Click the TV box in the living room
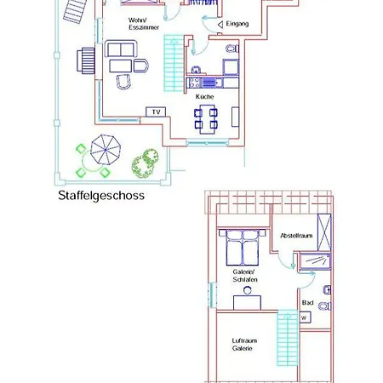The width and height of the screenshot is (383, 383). click(x=155, y=111)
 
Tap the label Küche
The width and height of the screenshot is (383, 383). click(x=204, y=97)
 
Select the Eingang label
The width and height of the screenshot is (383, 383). click(x=237, y=25)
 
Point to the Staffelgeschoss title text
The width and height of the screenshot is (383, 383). click(x=101, y=195)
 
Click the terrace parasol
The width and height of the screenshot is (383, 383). click(x=106, y=152)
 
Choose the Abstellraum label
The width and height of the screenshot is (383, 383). click(x=297, y=235)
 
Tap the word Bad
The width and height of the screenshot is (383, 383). click(x=307, y=302)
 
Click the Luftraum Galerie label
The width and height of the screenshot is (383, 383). click(x=244, y=345)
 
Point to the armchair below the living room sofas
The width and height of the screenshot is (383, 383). click(x=124, y=81)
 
